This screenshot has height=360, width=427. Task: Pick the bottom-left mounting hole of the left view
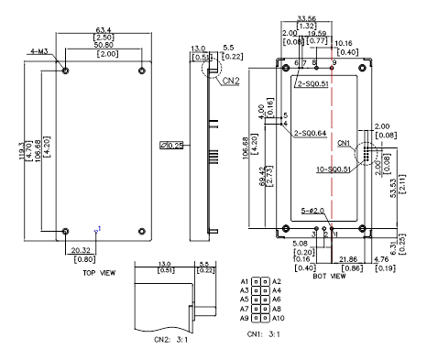(65, 230)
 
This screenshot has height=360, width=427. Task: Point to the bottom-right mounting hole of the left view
(140, 230)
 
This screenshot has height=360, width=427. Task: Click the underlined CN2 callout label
(231, 81)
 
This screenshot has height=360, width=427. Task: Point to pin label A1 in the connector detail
(244, 280)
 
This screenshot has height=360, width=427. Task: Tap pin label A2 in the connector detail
(278, 280)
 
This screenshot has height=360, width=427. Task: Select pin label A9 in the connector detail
(244, 317)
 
